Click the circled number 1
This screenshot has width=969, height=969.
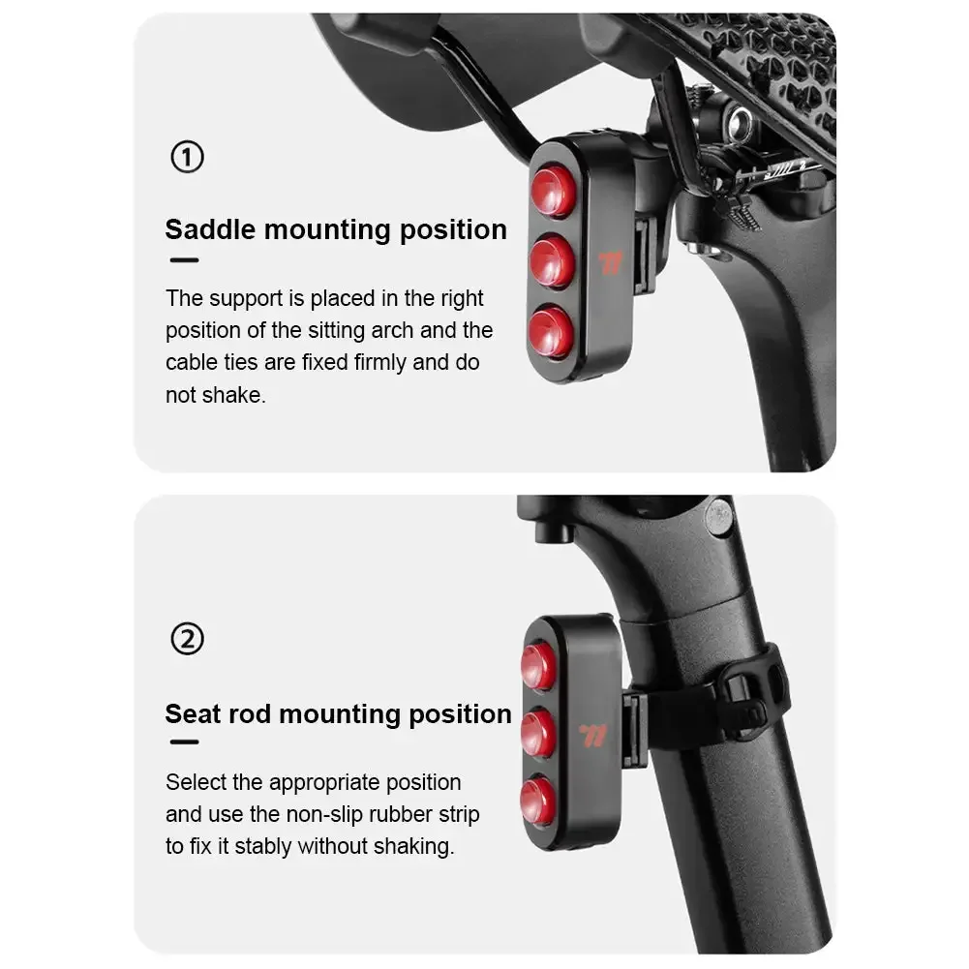coord(187,157)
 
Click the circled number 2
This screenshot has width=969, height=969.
coord(187,639)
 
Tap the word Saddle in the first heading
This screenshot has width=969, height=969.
coord(210,229)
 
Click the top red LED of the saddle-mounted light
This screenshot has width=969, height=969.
coord(554,191)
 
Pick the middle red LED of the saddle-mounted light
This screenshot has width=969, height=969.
coord(553,260)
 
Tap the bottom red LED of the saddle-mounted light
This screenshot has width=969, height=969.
coord(552,331)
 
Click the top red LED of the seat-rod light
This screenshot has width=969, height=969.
coord(539,666)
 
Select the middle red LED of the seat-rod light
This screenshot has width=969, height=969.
coord(538,735)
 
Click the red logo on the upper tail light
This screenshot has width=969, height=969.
coord(611,263)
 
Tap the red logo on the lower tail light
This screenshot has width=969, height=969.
coord(593,736)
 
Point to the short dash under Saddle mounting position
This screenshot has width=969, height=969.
coord(183,259)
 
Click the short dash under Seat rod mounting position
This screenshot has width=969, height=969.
coord(183,742)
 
